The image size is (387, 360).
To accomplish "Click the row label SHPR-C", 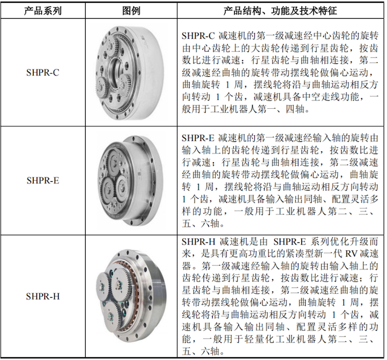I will tap(43, 72).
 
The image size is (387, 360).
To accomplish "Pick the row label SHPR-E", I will tap(43, 181).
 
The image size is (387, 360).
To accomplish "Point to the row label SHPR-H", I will tap(43, 296).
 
